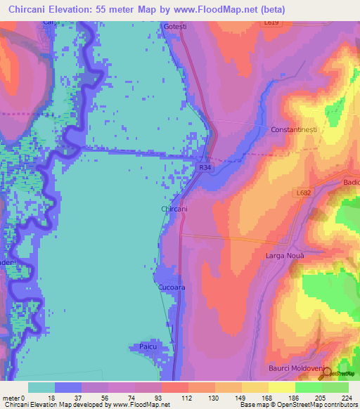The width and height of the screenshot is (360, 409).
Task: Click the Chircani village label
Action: [174, 209]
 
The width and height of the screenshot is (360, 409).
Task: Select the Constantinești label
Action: [296, 130]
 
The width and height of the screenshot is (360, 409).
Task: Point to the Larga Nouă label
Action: [285, 256]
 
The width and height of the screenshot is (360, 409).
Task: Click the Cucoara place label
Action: [171, 288]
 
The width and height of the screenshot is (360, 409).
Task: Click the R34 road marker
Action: [205, 168]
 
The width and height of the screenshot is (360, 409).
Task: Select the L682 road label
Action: [304, 193]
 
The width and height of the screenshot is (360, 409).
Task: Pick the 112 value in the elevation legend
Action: [189, 398]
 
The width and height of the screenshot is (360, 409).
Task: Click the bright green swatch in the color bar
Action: [308, 387]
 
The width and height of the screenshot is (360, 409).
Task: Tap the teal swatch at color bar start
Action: [41, 387]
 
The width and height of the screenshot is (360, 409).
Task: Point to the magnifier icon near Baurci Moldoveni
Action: [326, 375]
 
